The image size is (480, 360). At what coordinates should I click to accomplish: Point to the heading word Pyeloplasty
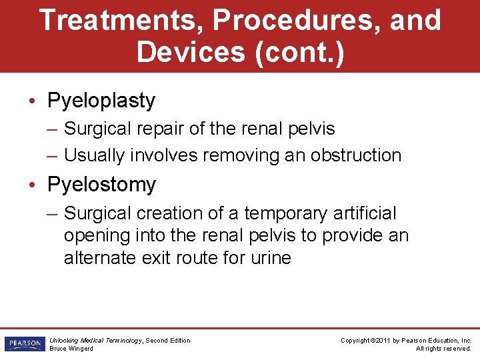tap(101, 101)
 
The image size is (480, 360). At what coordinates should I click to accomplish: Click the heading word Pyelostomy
tap(101, 184)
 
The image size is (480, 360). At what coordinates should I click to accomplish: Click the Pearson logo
tap(23, 344)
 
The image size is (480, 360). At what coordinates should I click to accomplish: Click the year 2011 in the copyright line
tap(383, 340)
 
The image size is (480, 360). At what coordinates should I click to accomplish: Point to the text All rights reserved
tap(443, 349)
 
